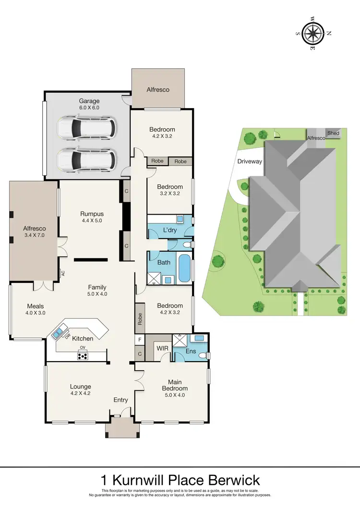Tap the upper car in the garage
[86, 128]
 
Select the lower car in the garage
[86, 159]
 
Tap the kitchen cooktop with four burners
[83, 356]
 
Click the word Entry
[120, 400]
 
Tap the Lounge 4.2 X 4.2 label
[80, 389]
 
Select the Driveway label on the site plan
[250, 161]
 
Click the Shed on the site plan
[333, 133]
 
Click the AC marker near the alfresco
[63, 273]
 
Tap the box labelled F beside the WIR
[139, 340]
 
